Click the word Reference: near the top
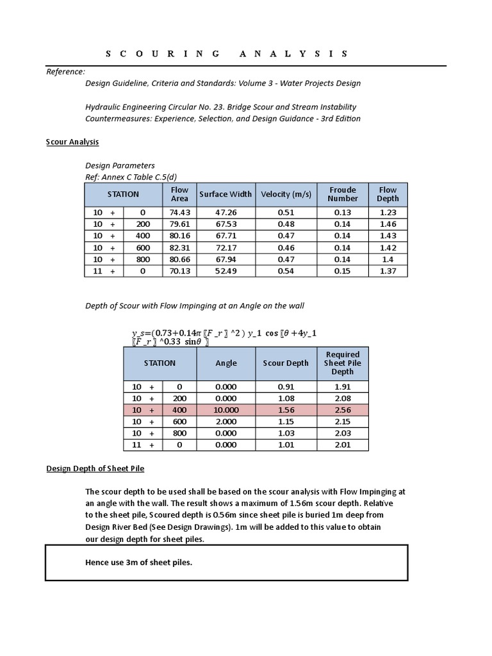click(x=65, y=71)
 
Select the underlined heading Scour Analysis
click(x=72, y=142)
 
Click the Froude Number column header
click(x=343, y=194)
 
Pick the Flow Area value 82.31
click(x=179, y=247)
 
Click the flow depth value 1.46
click(x=388, y=224)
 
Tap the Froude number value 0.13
click(x=343, y=213)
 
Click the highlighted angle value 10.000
click(x=226, y=410)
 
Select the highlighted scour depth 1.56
click(x=286, y=410)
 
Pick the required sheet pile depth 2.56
click(x=343, y=410)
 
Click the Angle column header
click(x=226, y=363)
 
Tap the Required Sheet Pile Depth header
click(x=343, y=363)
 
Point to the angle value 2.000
click(x=226, y=422)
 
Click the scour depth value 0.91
click(x=286, y=387)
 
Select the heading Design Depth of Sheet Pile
click(x=95, y=468)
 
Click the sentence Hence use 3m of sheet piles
click(x=138, y=562)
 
